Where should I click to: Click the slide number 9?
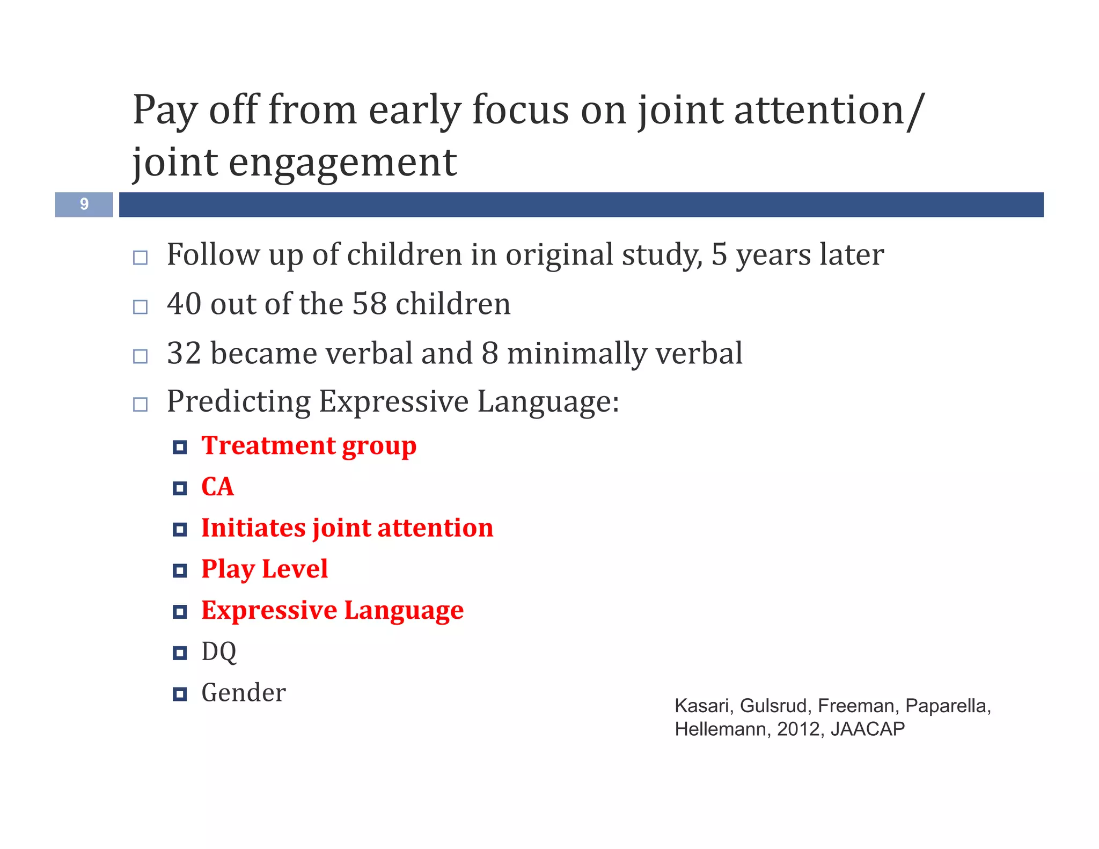click(x=84, y=204)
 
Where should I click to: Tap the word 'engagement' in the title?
click(x=342, y=163)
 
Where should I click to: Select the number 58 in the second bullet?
click(x=369, y=304)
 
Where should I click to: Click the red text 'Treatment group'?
click(x=309, y=446)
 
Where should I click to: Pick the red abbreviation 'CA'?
click(x=217, y=487)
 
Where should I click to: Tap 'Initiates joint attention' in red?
click(x=347, y=528)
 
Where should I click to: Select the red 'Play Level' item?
click(x=264, y=569)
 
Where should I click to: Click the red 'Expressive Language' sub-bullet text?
click(x=332, y=611)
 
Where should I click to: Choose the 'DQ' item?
click(x=218, y=652)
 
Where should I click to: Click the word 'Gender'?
click(x=243, y=693)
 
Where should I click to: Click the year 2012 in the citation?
click(x=798, y=729)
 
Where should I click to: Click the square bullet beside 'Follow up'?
click(x=140, y=258)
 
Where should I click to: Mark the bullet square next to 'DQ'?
click(x=180, y=653)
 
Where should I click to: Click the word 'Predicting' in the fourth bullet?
click(x=238, y=402)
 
